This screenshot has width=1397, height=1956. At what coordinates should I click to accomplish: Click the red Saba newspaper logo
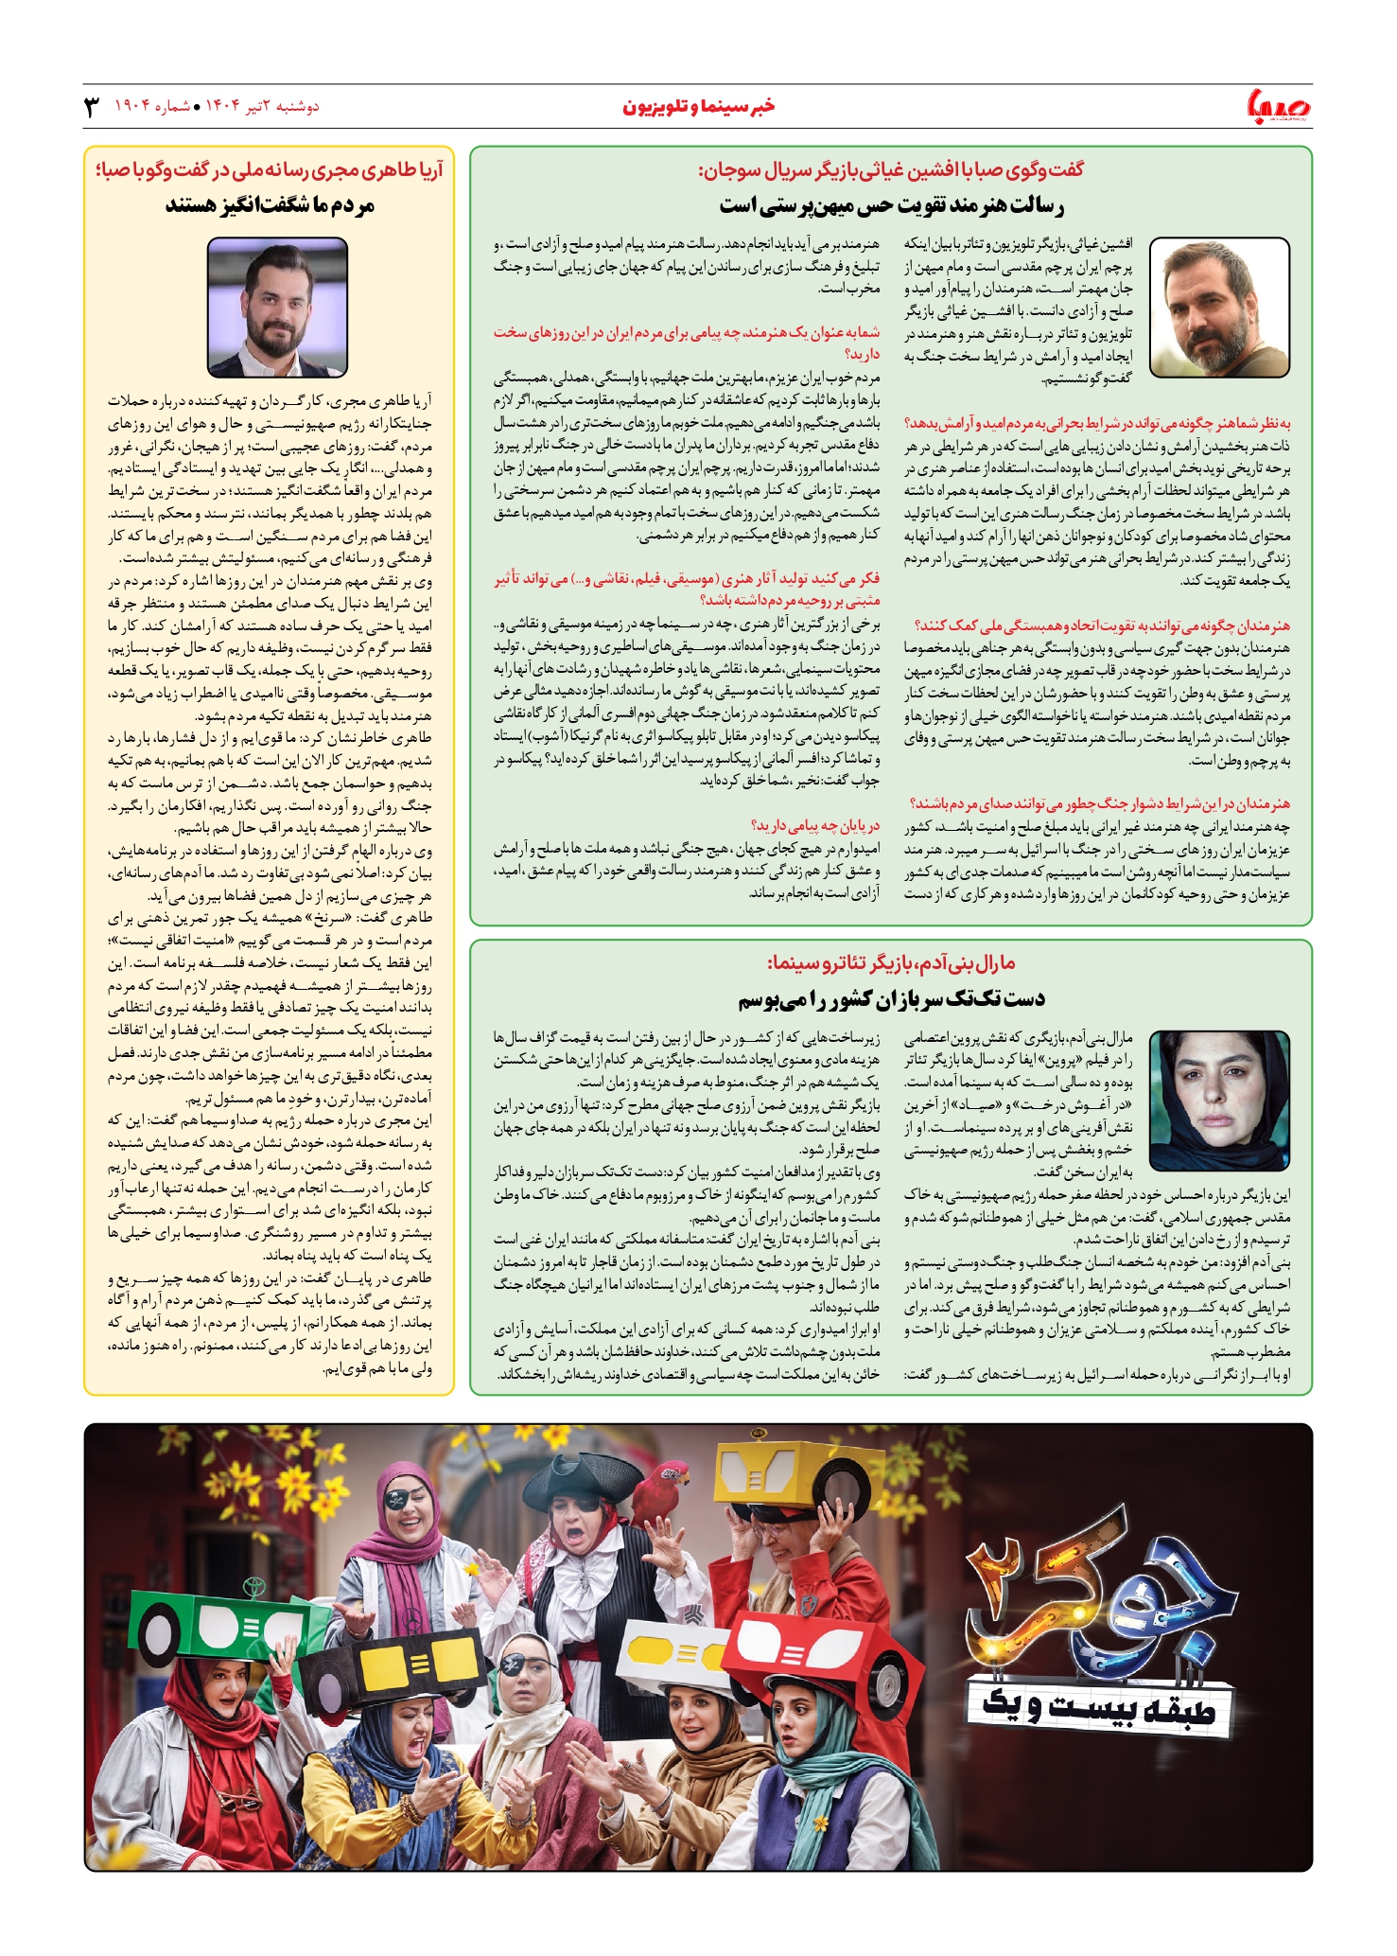tap(1279, 106)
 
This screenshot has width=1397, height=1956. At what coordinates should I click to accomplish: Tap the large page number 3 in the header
tap(93, 106)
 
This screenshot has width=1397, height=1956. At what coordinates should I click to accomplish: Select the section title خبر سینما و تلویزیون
tap(698, 106)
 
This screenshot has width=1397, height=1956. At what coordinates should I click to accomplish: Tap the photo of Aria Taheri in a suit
tap(277, 307)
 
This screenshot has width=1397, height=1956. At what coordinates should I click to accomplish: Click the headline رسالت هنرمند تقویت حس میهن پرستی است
tap(891, 204)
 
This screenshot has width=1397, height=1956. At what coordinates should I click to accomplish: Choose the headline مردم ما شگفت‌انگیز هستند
tap(270, 204)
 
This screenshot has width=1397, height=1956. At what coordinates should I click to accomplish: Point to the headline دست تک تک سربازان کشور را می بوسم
tap(891, 997)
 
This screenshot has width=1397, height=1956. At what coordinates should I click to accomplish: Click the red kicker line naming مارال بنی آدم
tap(891, 963)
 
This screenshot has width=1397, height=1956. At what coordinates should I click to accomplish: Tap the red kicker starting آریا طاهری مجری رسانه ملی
tap(270, 170)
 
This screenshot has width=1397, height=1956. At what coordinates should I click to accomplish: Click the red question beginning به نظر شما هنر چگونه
tap(1097, 423)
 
